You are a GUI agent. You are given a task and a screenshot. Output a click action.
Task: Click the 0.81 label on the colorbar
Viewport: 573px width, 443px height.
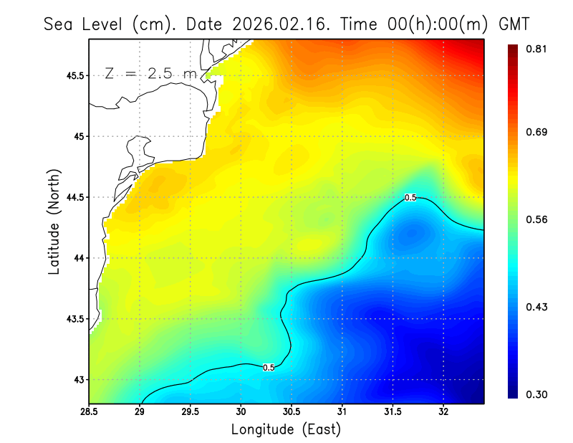pyautogui.click(x=537, y=49)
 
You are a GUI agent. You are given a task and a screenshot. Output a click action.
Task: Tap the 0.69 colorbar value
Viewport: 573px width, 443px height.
pyautogui.click(x=537, y=132)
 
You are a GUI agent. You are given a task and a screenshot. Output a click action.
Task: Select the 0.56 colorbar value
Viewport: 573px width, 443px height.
pyautogui.click(x=537, y=219)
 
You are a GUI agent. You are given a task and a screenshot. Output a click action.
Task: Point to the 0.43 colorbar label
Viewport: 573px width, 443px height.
pyautogui.click(x=537, y=307)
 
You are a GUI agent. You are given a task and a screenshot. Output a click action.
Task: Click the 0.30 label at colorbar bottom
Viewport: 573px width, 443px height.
pyautogui.click(x=537, y=395)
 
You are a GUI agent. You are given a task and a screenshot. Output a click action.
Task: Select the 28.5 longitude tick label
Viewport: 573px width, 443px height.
pyautogui.click(x=90, y=412)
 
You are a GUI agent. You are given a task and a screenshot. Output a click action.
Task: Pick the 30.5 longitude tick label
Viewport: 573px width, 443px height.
pyautogui.click(x=292, y=412)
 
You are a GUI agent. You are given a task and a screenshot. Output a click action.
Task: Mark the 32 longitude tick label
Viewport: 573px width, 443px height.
pyautogui.click(x=443, y=412)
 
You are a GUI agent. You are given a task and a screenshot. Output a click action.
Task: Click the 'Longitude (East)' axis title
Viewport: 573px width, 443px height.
pyautogui.click(x=286, y=429)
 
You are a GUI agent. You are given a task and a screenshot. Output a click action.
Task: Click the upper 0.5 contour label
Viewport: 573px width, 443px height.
pyautogui.click(x=410, y=198)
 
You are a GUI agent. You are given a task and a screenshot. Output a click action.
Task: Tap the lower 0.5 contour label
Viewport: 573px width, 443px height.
pyautogui.click(x=269, y=368)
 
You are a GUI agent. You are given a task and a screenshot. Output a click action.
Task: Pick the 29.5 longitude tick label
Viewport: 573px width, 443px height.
pyautogui.click(x=191, y=412)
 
